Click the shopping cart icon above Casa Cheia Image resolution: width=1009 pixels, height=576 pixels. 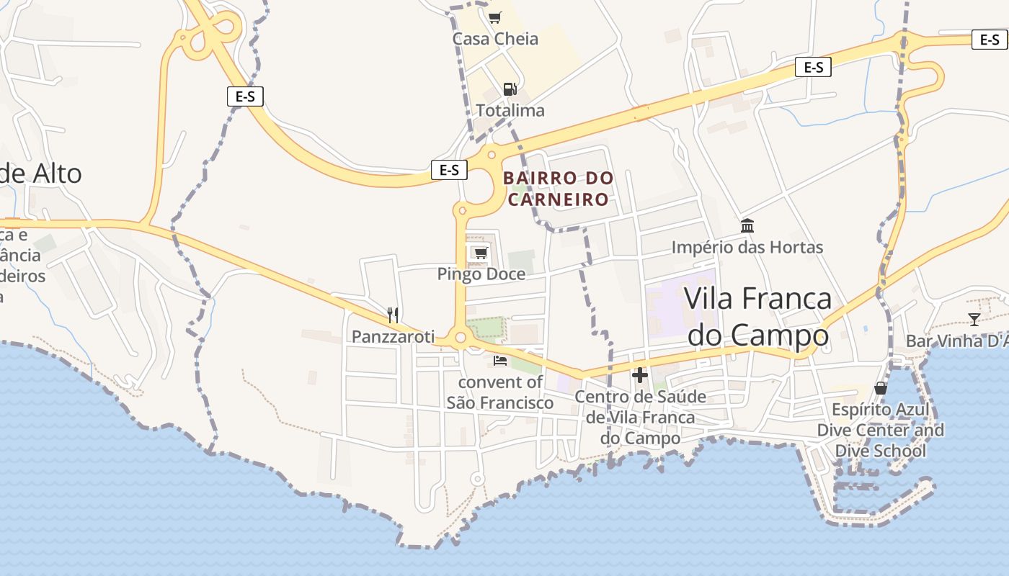[494, 17]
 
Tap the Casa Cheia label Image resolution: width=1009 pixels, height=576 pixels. [495, 39]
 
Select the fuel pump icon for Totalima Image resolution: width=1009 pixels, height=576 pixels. [510, 89]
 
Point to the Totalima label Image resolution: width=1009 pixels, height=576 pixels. [510, 111]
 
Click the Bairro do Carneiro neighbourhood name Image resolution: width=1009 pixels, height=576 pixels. [559, 189]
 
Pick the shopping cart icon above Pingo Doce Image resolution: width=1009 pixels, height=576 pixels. [481, 252]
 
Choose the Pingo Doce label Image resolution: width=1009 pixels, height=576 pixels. [481, 274]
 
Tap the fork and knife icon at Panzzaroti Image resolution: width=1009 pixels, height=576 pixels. [393, 315]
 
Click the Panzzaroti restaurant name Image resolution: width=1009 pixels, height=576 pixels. [394, 336]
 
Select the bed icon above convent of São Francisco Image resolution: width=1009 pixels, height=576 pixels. [500, 360]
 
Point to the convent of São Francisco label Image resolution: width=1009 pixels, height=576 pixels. [500, 392]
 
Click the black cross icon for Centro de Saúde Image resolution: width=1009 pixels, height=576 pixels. [640, 375]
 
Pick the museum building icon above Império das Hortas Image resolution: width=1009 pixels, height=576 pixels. [747, 226]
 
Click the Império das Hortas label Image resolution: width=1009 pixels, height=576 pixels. [747, 248]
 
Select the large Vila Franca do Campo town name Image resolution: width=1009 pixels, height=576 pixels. [757, 317]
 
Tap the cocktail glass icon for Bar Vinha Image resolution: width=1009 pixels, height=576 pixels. [974, 319]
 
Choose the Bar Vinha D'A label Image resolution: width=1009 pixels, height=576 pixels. [956, 341]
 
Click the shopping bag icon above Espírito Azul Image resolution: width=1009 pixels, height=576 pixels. [880, 388]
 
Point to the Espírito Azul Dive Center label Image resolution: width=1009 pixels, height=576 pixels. [880, 431]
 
